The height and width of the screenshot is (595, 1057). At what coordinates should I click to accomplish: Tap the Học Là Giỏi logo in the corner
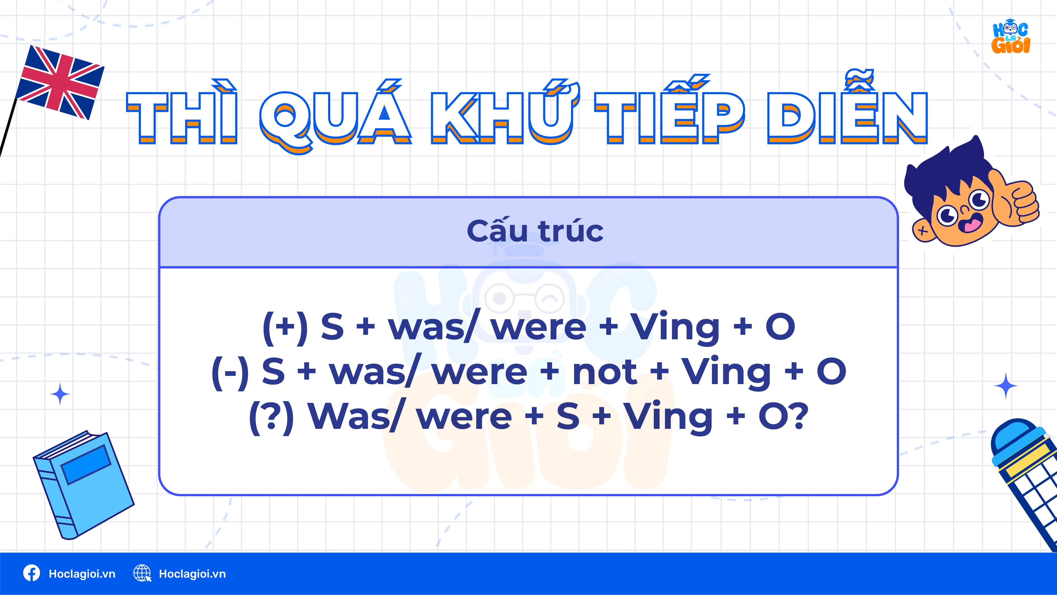pyautogui.click(x=1011, y=38)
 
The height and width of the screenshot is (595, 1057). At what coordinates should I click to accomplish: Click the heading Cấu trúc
pyautogui.click(x=535, y=231)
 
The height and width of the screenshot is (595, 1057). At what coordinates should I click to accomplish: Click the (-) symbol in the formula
pyautogui.click(x=230, y=372)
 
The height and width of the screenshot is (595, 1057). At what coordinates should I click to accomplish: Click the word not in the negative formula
pyautogui.click(x=604, y=372)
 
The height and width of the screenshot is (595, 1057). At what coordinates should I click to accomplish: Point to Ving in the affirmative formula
pyautogui.click(x=675, y=328)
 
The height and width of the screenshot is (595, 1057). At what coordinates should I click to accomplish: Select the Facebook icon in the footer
pyautogui.click(x=32, y=573)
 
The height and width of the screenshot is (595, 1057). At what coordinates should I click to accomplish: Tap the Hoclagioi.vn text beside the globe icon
pyautogui.click(x=192, y=574)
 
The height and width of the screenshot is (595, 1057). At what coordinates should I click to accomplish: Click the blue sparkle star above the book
pyautogui.click(x=60, y=394)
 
